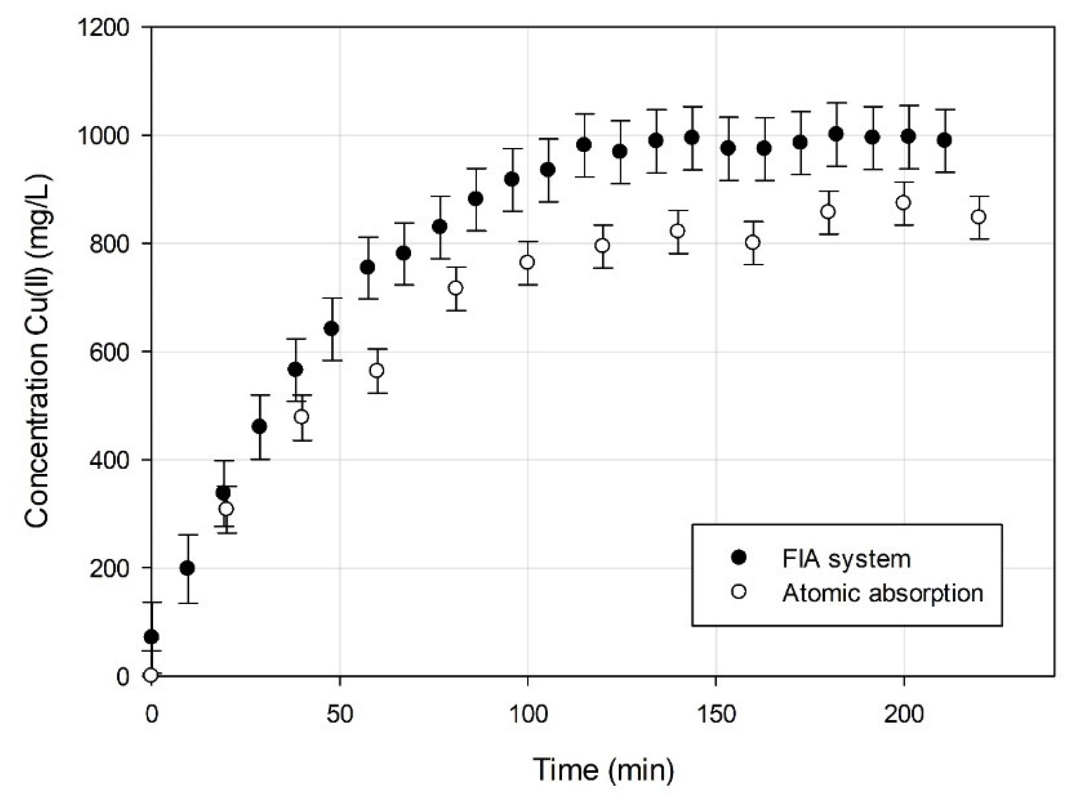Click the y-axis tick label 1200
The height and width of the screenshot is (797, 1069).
(103, 27)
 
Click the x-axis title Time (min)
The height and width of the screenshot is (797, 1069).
(603, 769)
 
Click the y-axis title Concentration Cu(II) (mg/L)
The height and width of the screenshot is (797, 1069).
(37, 351)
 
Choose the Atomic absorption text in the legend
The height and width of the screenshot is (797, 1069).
(882, 593)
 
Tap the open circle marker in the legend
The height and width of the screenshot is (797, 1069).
(738, 592)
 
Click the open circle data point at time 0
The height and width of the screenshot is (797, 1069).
(151, 675)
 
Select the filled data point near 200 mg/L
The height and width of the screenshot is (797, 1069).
(188, 569)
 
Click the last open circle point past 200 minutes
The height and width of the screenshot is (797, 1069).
(979, 217)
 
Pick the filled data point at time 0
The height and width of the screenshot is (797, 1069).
(151, 637)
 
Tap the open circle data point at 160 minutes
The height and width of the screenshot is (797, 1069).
(753, 243)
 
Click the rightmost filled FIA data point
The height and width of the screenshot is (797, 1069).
(945, 140)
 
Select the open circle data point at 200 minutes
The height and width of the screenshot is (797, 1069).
(903, 202)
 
